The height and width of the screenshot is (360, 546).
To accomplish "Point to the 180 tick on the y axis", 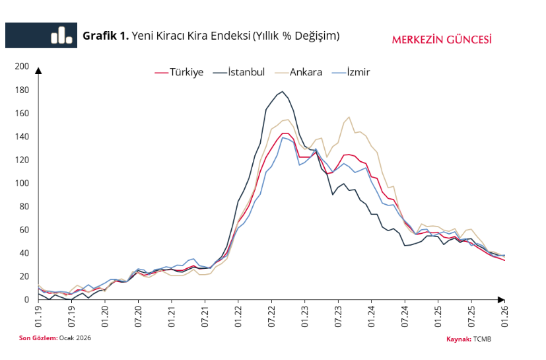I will tap(22, 90).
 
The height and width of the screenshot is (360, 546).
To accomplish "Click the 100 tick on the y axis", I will tap(22, 183).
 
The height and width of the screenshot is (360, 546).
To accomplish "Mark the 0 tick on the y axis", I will tap(26, 300).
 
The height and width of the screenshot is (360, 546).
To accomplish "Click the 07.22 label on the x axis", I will tap(271, 314).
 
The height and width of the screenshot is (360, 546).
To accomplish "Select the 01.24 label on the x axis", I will tap(372, 314).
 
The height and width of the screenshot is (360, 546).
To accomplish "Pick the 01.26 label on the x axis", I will tap(505, 314).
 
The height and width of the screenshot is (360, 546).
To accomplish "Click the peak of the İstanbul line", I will tap(283, 92).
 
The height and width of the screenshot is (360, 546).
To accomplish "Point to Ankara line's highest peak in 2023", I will tap(349, 118).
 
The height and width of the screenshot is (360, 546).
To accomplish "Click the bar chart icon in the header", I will tap(61, 35).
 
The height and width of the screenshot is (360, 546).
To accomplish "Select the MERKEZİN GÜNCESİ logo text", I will tap(442, 38).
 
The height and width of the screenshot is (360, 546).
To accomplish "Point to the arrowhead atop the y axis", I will tap(38, 70).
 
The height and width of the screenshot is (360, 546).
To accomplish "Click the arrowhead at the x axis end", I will tap(503, 300).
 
